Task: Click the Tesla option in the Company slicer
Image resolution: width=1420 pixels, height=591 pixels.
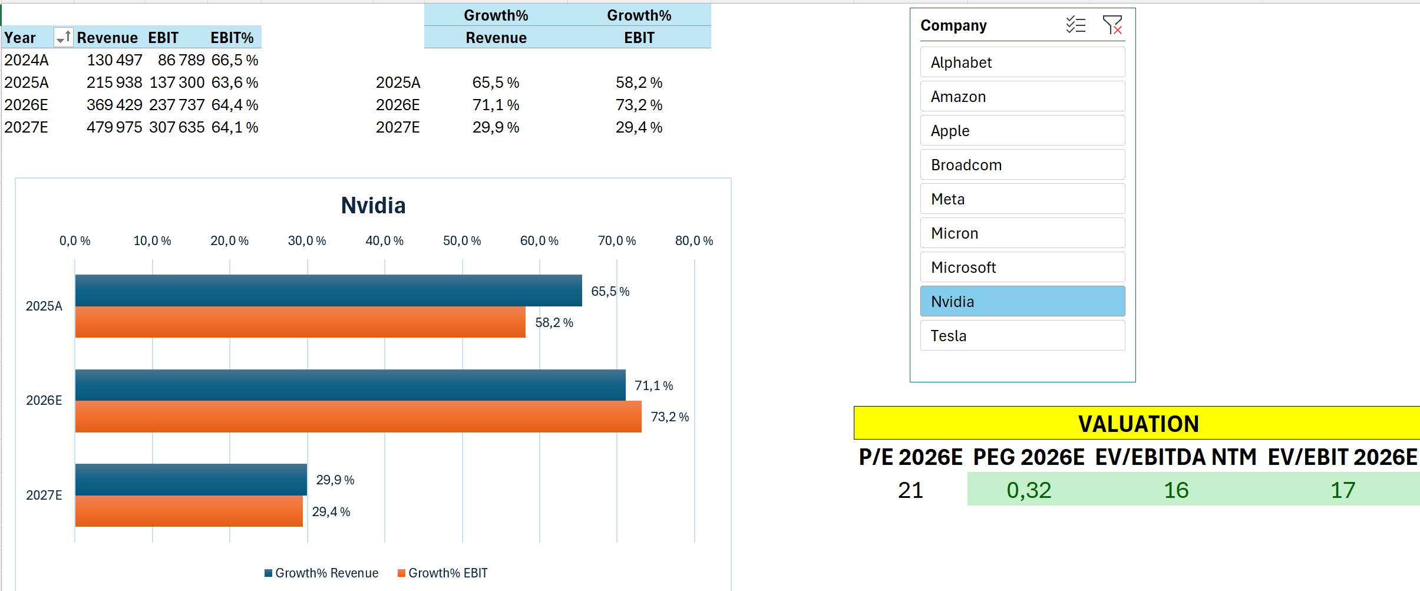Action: [x=1022, y=336]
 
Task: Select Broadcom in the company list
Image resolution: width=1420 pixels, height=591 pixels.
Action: [x=1022, y=165]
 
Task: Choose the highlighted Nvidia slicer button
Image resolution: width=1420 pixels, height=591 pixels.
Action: [x=1022, y=302]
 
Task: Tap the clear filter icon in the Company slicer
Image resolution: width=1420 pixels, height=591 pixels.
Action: [x=1112, y=25]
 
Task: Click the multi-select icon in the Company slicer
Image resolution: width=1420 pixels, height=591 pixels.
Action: [x=1075, y=25]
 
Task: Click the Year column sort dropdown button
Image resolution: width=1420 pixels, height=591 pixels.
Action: [x=62, y=38]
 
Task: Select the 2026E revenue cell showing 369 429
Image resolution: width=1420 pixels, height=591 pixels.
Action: [x=114, y=105]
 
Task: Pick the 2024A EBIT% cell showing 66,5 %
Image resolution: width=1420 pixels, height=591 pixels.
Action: [x=235, y=60]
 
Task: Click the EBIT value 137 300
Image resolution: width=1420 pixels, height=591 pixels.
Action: [x=177, y=82]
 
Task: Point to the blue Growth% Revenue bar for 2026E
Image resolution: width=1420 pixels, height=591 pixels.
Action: [x=350, y=385]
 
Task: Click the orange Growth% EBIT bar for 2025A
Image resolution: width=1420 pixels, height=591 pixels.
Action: [x=300, y=322]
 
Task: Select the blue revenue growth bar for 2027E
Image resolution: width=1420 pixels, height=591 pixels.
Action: [x=191, y=480]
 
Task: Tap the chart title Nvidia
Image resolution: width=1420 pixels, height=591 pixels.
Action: [x=373, y=206]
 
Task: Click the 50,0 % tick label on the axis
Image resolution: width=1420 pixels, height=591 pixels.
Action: [x=462, y=241]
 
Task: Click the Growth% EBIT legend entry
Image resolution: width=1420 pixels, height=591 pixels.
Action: [x=442, y=573]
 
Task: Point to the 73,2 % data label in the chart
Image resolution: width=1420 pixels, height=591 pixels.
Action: [x=669, y=417]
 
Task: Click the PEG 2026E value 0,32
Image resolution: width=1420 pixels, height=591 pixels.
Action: [x=1029, y=490]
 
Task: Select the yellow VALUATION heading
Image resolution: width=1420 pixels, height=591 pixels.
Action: [x=1138, y=424]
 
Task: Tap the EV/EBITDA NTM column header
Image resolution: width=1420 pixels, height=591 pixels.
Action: [x=1175, y=457]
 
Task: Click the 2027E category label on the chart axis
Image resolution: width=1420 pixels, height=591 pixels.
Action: [x=44, y=496]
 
